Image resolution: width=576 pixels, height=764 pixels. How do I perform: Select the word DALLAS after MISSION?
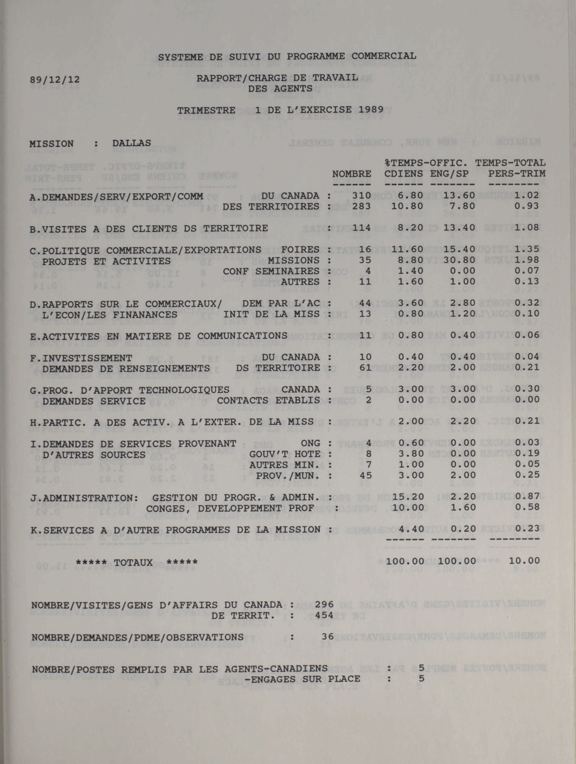(x=132, y=143)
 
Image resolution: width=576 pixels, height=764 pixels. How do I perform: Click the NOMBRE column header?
(x=351, y=174)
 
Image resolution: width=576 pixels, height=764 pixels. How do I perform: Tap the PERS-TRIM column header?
(x=517, y=174)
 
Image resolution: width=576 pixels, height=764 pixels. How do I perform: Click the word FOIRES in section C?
(x=300, y=249)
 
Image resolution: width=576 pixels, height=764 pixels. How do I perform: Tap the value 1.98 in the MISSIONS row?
(x=527, y=260)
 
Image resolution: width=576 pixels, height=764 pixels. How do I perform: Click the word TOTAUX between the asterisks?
(x=133, y=563)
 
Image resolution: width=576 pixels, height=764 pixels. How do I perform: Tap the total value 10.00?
(x=524, y=561)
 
